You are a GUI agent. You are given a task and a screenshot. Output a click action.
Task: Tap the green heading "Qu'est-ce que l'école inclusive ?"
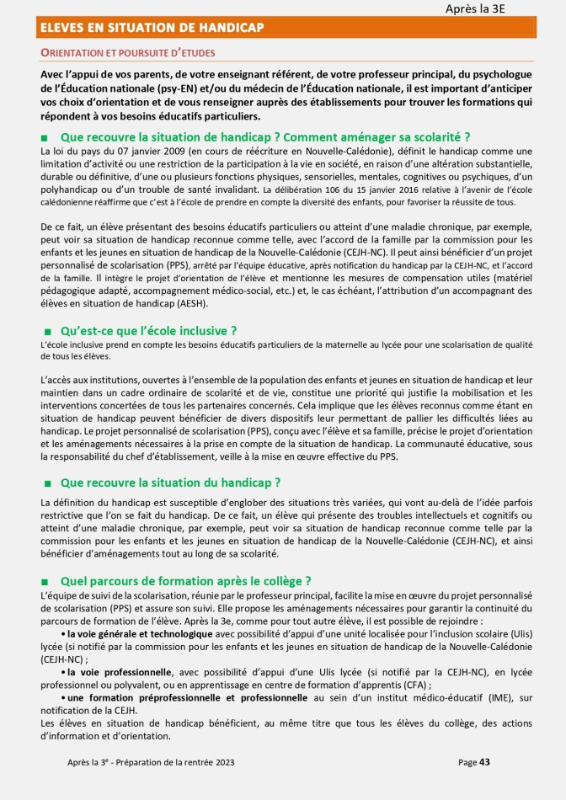tap(149, 330)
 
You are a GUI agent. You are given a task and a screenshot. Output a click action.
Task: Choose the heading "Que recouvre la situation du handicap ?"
tap(170, 483)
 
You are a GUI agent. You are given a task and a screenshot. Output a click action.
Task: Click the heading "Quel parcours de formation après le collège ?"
tap(186, 580)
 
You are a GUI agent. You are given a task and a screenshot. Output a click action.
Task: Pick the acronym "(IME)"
tap(488, 698)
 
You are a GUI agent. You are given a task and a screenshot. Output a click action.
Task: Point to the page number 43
tap(484, 762)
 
